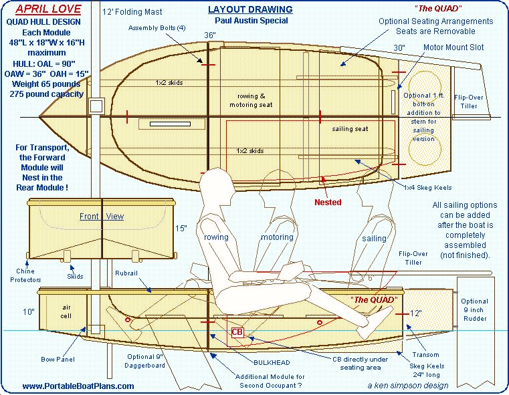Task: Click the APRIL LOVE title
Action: click(x=48, y=9)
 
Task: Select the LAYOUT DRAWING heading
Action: click(x=250, y=9)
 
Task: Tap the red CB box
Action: click(x=237, y=332)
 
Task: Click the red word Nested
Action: click(x=328, y=203)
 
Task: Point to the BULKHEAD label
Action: click(x=272, y=362)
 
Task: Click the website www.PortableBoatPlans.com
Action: click(x=78, y=386)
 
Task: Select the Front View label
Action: click(x=102, y=217)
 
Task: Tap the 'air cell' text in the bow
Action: click(x=66, y=311)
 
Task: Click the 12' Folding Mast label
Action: click(x=132, y=12)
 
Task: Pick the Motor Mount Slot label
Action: click(x=453, y=47)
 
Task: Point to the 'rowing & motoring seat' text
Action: click(x=251, y=100)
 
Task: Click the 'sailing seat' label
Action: click(x=350, y=129)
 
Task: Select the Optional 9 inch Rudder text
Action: click(x=475, y=309)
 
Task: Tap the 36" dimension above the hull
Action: click(x=210, y=35)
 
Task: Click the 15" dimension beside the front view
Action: click(x=181, y=229)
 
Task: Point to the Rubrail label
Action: click(x=126, y=273)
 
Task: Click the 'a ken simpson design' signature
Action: click(x=408, y=385)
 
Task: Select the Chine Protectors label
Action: click(x=25, y=275)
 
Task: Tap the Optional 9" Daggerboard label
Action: click(x=144, y=361)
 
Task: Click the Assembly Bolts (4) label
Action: click(x=157, y=28)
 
